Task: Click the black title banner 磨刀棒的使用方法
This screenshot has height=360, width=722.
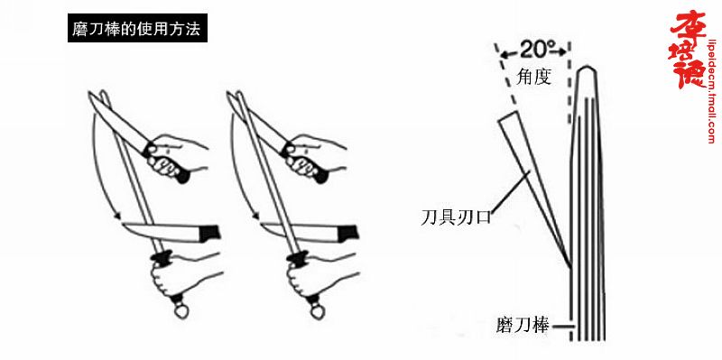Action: [x=137, y=28]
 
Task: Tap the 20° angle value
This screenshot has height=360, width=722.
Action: [x=533, y=49]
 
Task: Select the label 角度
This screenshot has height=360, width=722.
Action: [x=533, y=78]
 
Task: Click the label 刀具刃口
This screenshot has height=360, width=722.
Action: [x=456, y=217]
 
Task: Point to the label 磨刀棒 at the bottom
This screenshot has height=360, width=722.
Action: [x=523, y=327]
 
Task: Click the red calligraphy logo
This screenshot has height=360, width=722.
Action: [x=687, y=51]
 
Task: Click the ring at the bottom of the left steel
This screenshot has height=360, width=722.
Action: [x=180, y=312]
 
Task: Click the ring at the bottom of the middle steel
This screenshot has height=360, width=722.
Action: [x=317, y=312]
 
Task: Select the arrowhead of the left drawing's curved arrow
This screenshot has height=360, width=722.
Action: [x=118, y=215]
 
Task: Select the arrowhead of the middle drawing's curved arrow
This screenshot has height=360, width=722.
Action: [x=255, y=215]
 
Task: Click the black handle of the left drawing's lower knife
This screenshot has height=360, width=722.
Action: [x=209, y=233]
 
